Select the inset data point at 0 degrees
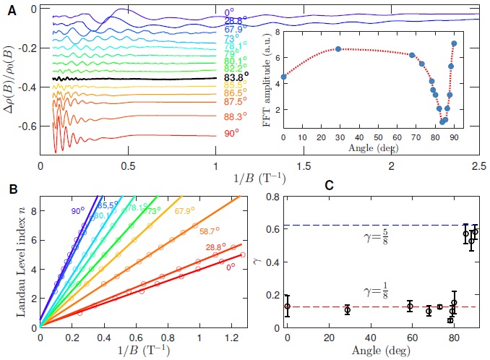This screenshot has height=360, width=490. click(x=284, y=76)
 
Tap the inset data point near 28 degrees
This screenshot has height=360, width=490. click(x=338, y=49)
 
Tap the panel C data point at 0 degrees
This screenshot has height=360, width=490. click(x=288, y=307)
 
